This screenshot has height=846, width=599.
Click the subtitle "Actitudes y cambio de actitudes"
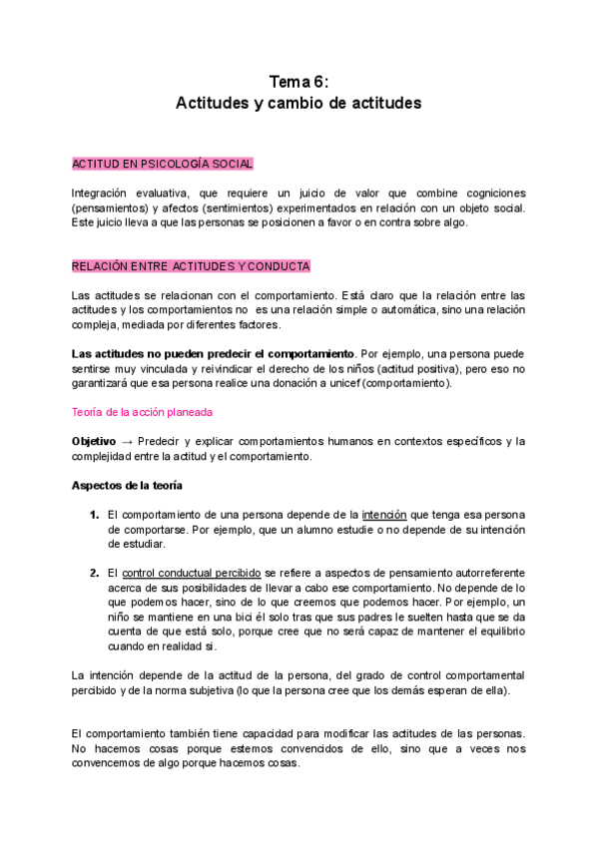299,103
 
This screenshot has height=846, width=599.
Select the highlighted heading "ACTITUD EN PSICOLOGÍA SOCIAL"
162,163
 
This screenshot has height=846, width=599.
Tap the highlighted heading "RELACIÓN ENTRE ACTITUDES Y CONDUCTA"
191,266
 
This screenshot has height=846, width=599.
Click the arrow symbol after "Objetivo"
127,441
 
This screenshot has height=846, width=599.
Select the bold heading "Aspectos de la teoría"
126,486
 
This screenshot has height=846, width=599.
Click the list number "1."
93,515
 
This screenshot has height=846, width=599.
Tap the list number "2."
93,574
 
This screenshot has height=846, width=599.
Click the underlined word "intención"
384,515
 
